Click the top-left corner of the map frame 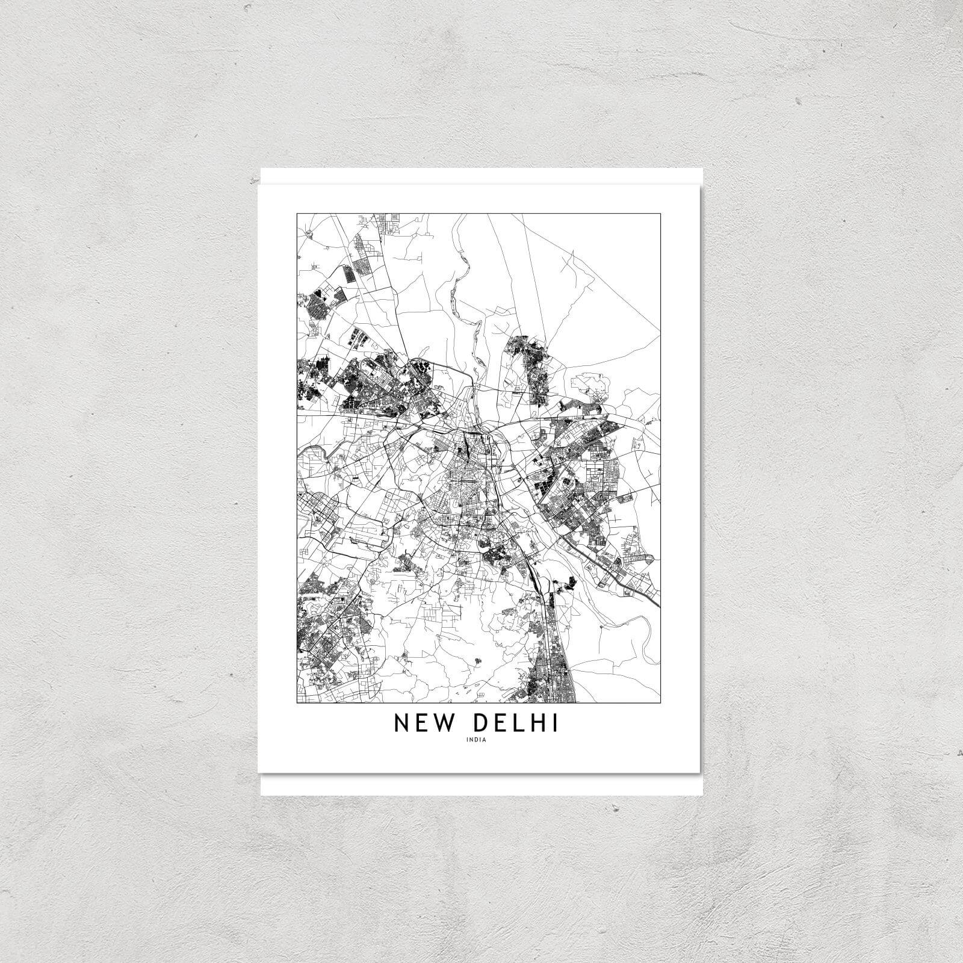(297, 213)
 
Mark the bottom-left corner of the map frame (297, 703)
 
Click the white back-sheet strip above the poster (482, 176)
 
